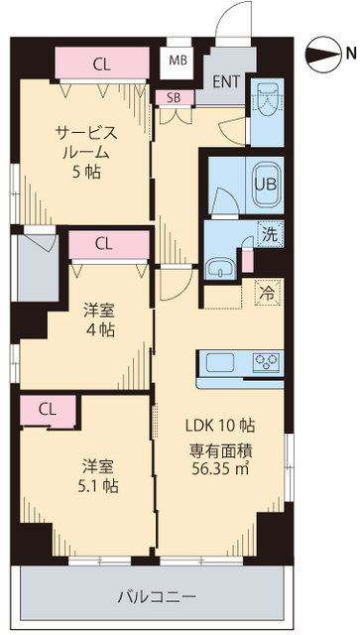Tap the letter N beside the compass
coord(349,53)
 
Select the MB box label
coord(179,61)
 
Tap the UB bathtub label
coord(268,183)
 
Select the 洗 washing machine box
coord(269,236)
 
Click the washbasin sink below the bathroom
coord(220,265)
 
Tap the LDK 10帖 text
coord(221,425)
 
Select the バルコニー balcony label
coord(156,597)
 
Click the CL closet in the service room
coord(102,65)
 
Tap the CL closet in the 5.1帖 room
coord(47,409)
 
